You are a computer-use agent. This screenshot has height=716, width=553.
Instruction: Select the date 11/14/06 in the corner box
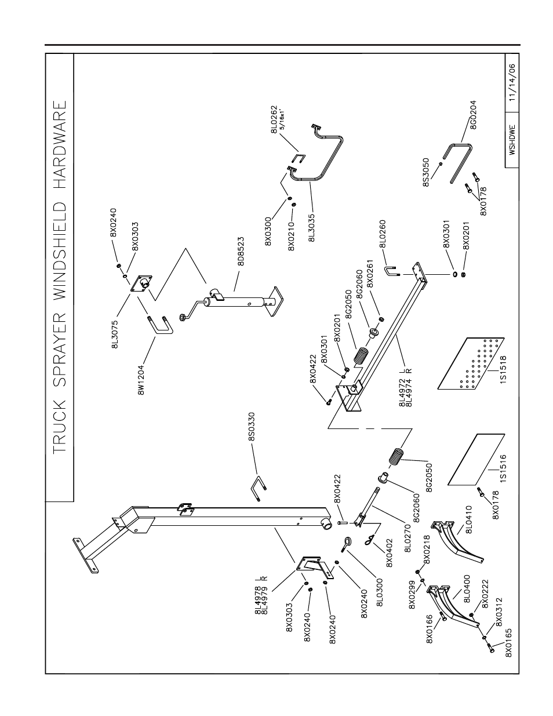point(512,82)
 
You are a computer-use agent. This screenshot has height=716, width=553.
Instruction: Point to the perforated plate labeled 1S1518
point(471,364)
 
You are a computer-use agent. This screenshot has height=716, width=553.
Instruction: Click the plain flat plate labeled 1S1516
point(476,459)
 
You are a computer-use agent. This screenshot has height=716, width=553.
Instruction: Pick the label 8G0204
point(473,115)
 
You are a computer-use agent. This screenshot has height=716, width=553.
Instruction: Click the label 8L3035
point(312,228)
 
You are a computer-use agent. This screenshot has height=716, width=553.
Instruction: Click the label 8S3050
point(426,173)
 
